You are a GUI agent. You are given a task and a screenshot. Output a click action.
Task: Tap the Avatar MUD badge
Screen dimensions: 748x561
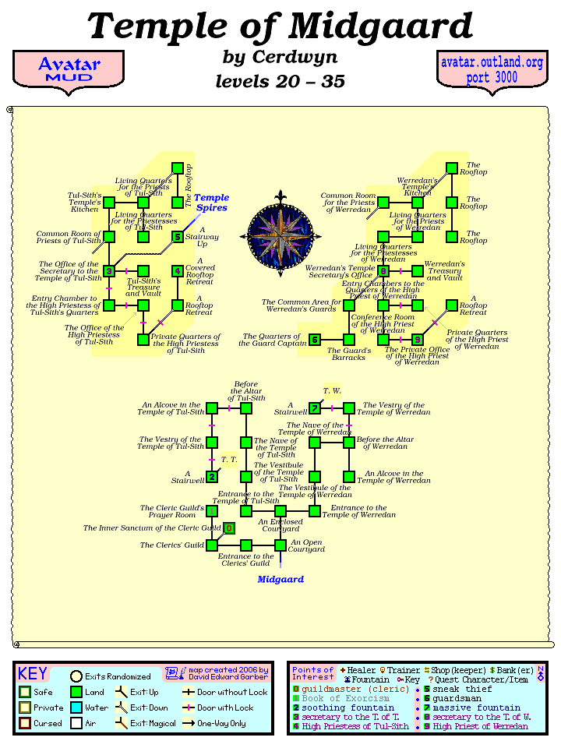coord(69,69)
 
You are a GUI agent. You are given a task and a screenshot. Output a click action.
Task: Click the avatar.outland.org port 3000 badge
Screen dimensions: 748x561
coord(491,70)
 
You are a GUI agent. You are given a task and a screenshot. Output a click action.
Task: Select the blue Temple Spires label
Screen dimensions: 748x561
coord(211,203)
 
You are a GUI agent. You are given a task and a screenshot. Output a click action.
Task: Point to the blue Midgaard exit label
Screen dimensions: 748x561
coord(280,580)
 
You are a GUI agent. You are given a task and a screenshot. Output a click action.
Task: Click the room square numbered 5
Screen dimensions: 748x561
coord(178,237)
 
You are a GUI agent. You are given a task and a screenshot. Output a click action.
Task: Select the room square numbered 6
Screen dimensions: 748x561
coord(315,340)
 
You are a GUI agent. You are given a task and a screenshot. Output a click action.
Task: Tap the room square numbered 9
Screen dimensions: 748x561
coord(418,340)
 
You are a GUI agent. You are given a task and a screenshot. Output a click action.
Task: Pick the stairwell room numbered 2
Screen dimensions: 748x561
coord(212,477)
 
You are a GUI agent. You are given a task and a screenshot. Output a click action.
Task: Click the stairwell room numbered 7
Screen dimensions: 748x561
coord(315,408)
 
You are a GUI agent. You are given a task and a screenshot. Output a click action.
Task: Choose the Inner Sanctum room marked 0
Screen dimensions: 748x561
coord(229,528)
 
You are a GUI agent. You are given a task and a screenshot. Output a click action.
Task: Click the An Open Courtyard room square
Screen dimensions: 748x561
coord(280,545)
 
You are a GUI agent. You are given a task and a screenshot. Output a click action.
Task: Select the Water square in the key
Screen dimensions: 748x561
coord(76,707)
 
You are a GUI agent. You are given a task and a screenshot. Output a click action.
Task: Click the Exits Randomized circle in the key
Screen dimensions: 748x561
coord(76,676)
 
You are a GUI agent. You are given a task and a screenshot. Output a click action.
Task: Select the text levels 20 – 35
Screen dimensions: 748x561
coord(280,81)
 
